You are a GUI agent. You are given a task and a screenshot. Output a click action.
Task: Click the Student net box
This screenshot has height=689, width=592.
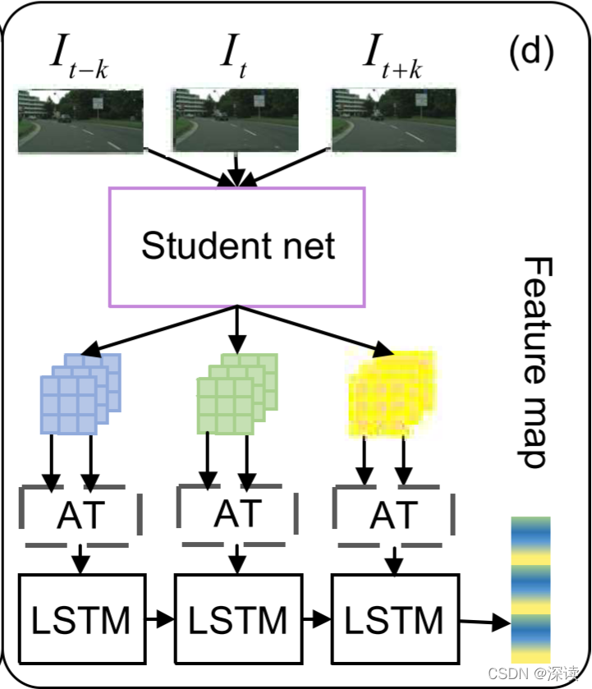click(x=237, y=246)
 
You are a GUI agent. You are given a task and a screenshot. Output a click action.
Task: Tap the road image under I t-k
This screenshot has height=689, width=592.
click(x=80, y=122)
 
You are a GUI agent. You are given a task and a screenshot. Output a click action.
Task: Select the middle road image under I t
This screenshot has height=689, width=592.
click(x=236, y=122)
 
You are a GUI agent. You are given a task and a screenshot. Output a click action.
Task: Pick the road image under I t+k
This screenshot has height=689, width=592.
click(x=393, y=122)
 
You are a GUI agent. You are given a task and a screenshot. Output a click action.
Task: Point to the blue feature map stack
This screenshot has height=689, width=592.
click(x=80, y=393)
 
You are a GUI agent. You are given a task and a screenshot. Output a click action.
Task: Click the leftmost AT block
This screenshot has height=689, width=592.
click(x=80, y=516)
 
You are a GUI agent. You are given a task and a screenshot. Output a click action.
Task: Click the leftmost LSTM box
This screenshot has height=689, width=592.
click(x=80, y=619)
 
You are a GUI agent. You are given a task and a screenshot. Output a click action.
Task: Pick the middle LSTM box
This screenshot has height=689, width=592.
click(x=237, y=619)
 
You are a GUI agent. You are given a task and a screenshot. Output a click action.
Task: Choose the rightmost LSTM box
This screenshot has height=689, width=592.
click(x=395, y=619)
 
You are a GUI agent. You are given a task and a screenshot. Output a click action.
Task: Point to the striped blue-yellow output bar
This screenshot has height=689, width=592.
click(x=530, y=589)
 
